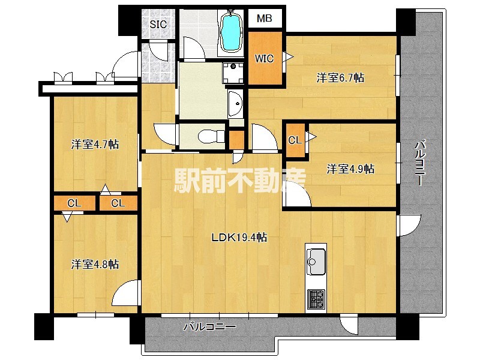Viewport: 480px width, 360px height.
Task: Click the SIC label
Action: coord(158,25)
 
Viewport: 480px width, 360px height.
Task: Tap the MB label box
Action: coord(265,19)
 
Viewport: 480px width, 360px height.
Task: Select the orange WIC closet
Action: coord(265,58)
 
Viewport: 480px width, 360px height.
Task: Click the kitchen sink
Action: coord(315,260)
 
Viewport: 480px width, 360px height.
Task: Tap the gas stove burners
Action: coord(316,298)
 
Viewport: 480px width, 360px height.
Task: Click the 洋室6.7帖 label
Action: coord(340,77)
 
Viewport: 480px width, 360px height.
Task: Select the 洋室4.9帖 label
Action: coord(350,169)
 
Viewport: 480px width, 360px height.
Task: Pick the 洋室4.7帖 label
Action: coord(95,144)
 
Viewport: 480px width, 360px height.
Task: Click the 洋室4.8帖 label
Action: coord(95,264)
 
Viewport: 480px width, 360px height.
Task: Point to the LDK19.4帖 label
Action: coord(238,237)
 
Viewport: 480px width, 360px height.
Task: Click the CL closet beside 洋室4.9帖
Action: coord(295,140)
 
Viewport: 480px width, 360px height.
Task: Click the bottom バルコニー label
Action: coord(209,328)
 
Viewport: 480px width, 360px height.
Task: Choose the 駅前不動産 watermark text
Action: coord(240,179)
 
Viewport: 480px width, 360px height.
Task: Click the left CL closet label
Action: coord(74,203)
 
